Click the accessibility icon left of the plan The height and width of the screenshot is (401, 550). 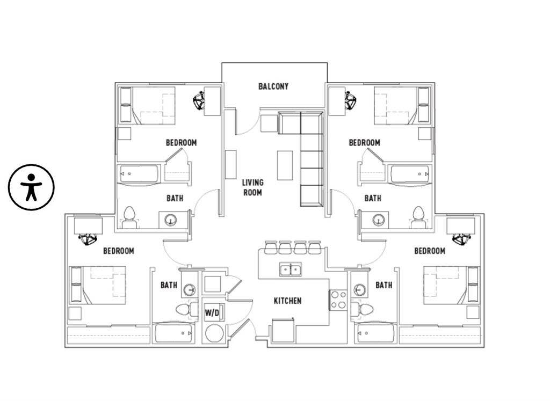click(x=31, y=187)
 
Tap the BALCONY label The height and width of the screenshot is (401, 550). click(x=273, y=86)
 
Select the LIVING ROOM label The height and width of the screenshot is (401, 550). click(x=252, y=187)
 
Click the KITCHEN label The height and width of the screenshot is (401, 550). click(x=287, y=301)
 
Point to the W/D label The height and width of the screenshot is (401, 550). click(x=212, y=311)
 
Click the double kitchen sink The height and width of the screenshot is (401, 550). click(x=290, y=269)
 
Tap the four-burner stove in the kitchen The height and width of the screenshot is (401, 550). click(x=338, y=300)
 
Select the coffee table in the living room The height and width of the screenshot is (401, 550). click(x=285, y=165)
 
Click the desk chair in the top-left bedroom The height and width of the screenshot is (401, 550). click(x=200, y=100)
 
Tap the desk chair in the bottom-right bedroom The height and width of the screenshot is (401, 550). click(x=460, y=238)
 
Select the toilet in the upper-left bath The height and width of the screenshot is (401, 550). click(x=129, y=217)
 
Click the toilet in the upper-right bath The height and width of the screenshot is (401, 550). click(x=418, y=217)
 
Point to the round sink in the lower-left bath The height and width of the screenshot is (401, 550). click(x=189, y=290)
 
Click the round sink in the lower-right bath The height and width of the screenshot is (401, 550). click(x=359, y=290)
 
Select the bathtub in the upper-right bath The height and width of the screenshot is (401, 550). click(x=410, y=174)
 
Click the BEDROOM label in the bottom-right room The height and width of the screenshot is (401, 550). click(x=430, y=251)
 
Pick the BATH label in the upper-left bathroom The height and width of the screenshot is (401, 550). click(x=175, y=198)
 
